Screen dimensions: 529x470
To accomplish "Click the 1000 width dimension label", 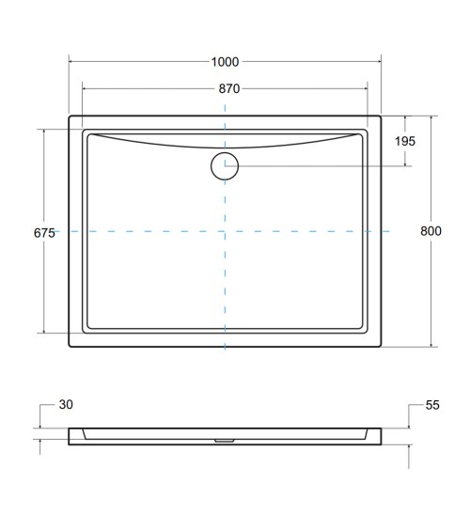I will click(225, 62).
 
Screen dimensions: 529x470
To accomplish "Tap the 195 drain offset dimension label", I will click(406, 141).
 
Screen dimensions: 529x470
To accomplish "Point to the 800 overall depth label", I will click(431, 232).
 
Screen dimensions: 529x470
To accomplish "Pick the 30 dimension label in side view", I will click(65, 405).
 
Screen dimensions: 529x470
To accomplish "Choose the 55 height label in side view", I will click(432, 405).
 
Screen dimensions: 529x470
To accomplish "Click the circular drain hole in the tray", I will click(225, 165).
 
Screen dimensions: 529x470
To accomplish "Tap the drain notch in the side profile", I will click(225, 437).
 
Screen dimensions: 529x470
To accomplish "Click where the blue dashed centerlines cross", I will click(225, 230).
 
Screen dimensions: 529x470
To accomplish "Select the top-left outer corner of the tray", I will click(70, 117).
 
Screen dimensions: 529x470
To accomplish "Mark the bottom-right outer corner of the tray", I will click(381, 347).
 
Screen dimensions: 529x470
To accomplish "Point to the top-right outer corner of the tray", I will click(381, 117).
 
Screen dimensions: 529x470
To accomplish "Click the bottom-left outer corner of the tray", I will click(70, 347).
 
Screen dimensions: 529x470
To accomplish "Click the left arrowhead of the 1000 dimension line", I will click(71, 62).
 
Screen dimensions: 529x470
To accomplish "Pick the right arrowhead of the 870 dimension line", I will click(366, 89).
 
